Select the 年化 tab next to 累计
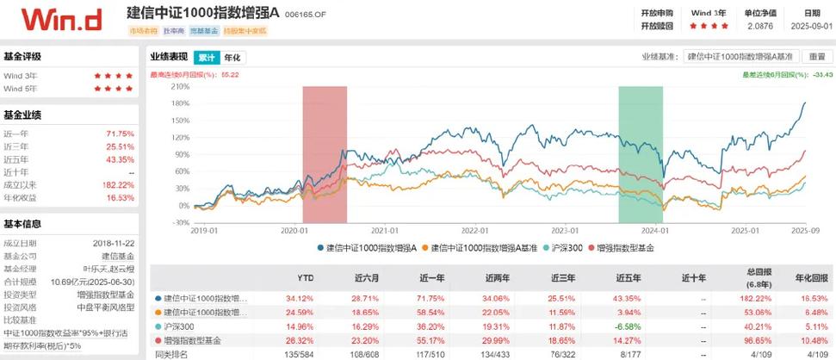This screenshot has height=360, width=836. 232,58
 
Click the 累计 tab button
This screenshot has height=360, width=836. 206,58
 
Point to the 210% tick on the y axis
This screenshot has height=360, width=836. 181,86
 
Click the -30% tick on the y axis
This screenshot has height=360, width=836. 181,221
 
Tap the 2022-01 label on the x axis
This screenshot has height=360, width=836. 474,231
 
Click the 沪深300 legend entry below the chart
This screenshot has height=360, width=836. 566,248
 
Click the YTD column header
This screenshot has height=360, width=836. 305,278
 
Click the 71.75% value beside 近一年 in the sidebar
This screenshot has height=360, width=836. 120,134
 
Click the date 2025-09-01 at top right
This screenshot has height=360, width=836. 813,26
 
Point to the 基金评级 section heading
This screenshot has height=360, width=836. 22,57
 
